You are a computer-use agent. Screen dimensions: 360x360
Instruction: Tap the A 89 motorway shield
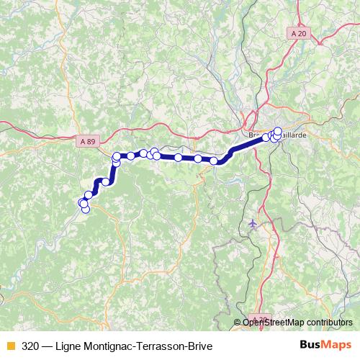87,142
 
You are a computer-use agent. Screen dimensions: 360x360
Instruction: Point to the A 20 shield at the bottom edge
260,319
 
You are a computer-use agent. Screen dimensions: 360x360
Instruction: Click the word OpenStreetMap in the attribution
274,323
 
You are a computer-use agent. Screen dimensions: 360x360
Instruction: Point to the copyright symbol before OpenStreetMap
238,323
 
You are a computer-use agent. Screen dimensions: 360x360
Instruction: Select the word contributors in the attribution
330,323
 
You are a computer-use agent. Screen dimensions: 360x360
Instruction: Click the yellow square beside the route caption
10,345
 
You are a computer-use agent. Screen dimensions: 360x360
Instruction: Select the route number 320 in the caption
30,345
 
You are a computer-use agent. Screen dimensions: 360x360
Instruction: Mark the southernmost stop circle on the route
85,210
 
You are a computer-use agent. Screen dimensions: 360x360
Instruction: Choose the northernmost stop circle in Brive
279,131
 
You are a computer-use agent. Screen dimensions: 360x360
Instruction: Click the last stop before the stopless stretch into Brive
214,161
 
